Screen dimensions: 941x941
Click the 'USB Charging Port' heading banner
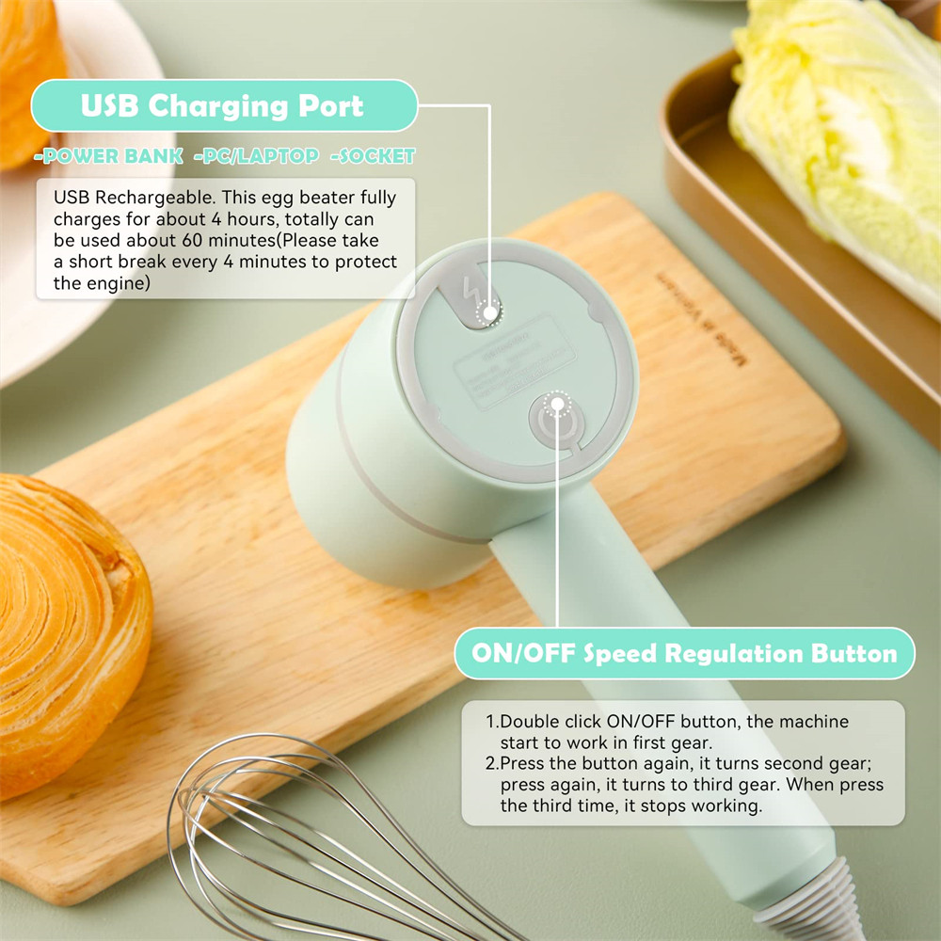click(x=223, y=105)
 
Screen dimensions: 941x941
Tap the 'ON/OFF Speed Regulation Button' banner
click(x=684, y=654)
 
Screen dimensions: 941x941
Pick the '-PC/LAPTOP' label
click(x=256, y=156)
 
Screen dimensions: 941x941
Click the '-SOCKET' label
click(x=373, y=156)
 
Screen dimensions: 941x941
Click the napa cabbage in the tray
click(x=837, y=122)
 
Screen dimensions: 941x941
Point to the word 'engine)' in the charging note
click(x=120, y=282)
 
